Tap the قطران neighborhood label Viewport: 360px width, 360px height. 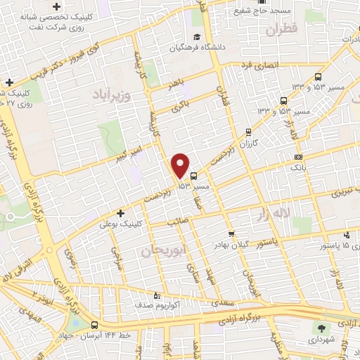283,30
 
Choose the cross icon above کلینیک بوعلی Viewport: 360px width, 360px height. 120,213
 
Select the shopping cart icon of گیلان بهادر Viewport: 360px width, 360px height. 231,233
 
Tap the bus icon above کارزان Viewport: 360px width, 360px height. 248,131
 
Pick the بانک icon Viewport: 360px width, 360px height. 299,157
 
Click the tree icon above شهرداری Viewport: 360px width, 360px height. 322,328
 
